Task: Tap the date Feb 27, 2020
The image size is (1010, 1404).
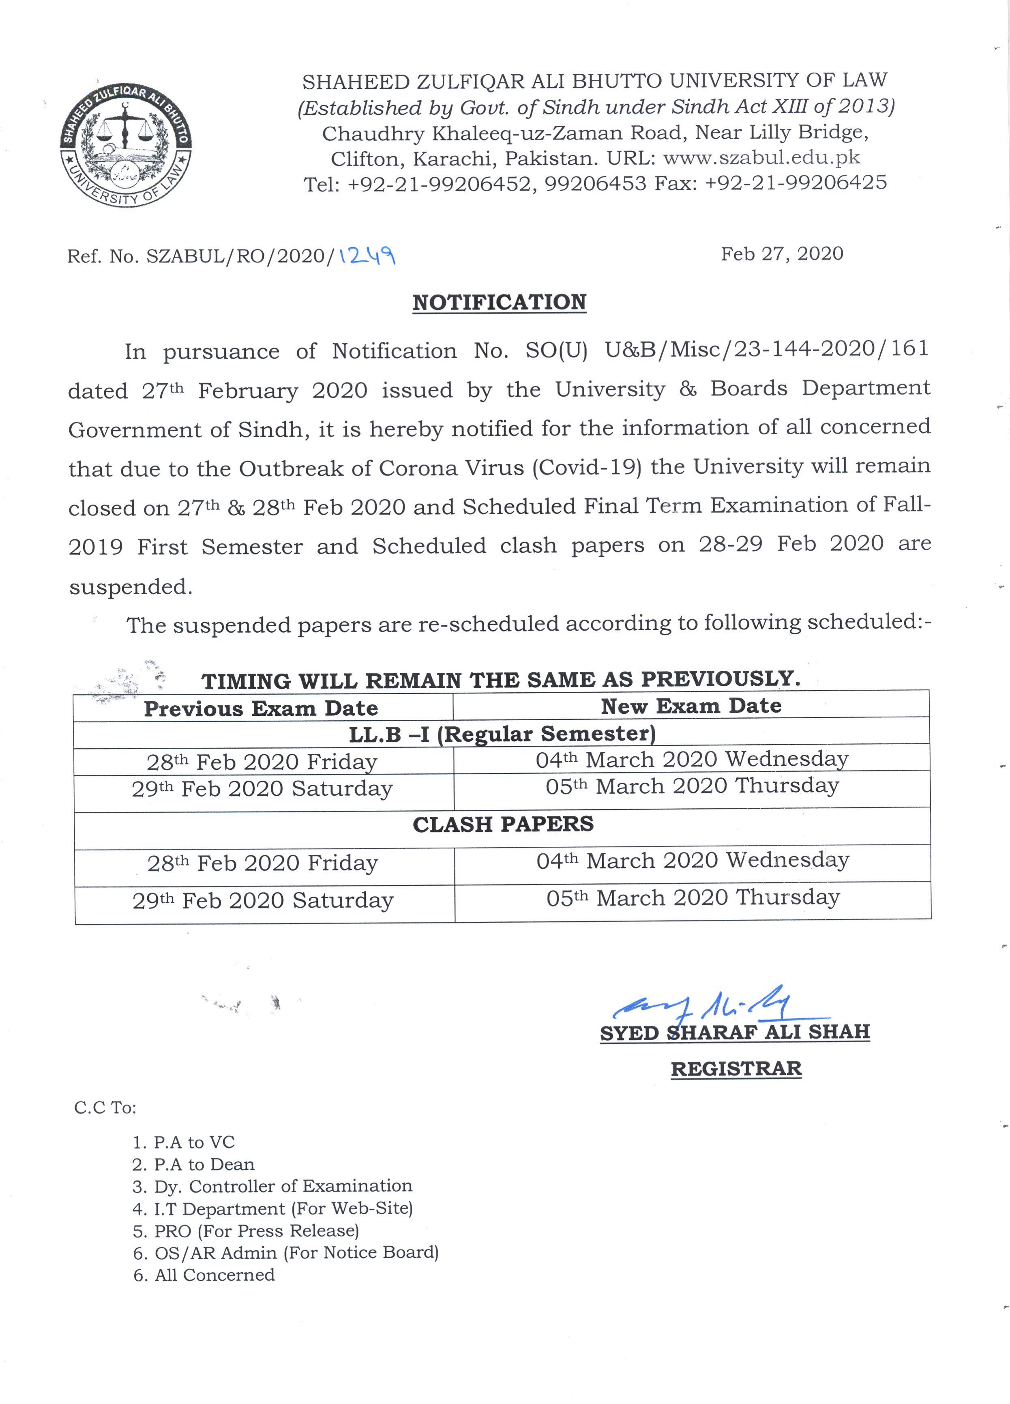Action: [x=782, y=254]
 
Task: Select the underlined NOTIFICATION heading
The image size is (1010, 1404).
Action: [x=500, y=302]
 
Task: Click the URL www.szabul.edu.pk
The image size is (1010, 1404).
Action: [x=761, y=157]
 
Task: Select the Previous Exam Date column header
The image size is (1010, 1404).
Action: [x=261, y=708]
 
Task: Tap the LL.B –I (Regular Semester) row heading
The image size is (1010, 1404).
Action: [x=502, y=734]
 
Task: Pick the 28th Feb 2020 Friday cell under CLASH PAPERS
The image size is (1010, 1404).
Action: [x=262, y=863]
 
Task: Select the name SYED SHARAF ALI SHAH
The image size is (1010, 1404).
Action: [x=735, y=1032]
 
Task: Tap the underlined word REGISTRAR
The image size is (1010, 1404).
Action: [x=736, y=1069]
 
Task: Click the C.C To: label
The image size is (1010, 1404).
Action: [x=105, y=1108]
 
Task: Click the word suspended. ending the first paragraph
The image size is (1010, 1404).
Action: [x=131, y=586]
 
